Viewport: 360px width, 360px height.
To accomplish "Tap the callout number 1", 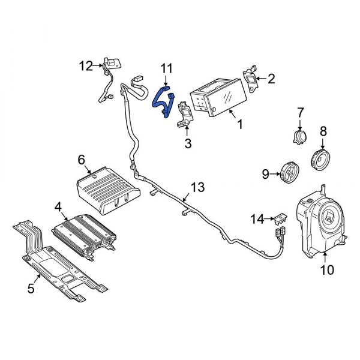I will tap(241, 125).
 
